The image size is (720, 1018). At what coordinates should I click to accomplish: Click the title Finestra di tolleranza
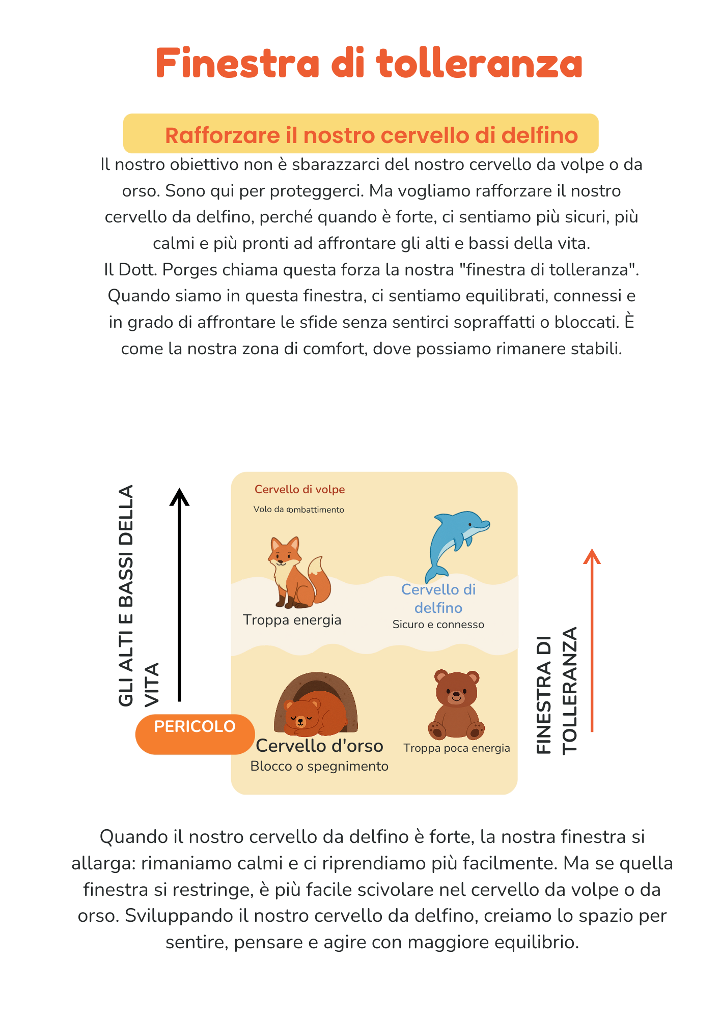pos(369,63)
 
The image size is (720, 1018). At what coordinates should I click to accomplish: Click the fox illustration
pos(295,573)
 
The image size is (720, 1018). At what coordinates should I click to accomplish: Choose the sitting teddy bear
pos(456,705)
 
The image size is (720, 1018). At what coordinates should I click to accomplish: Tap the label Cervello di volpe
pos(299,490)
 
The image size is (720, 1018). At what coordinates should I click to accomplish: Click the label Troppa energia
pos(292,620)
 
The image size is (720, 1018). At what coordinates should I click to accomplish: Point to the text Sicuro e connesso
pos(438,625)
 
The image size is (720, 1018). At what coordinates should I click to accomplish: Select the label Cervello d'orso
pos(319,746)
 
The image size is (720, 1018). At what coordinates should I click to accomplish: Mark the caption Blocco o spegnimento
pos(319,766)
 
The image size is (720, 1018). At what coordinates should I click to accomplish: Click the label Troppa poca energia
pos(456,748)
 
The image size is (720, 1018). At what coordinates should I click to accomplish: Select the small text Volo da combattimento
pos(299,510)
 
